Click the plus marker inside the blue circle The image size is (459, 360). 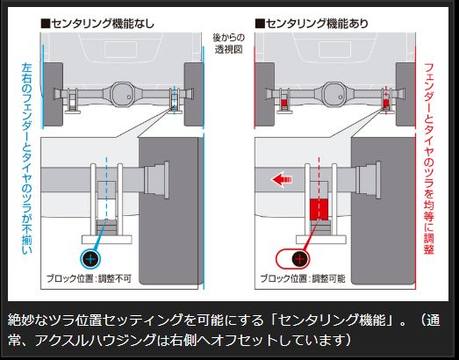click(x=90, y=260)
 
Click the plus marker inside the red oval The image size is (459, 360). click(x=300, y=260)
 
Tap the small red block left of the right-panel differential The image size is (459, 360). click(x=284, y=104)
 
